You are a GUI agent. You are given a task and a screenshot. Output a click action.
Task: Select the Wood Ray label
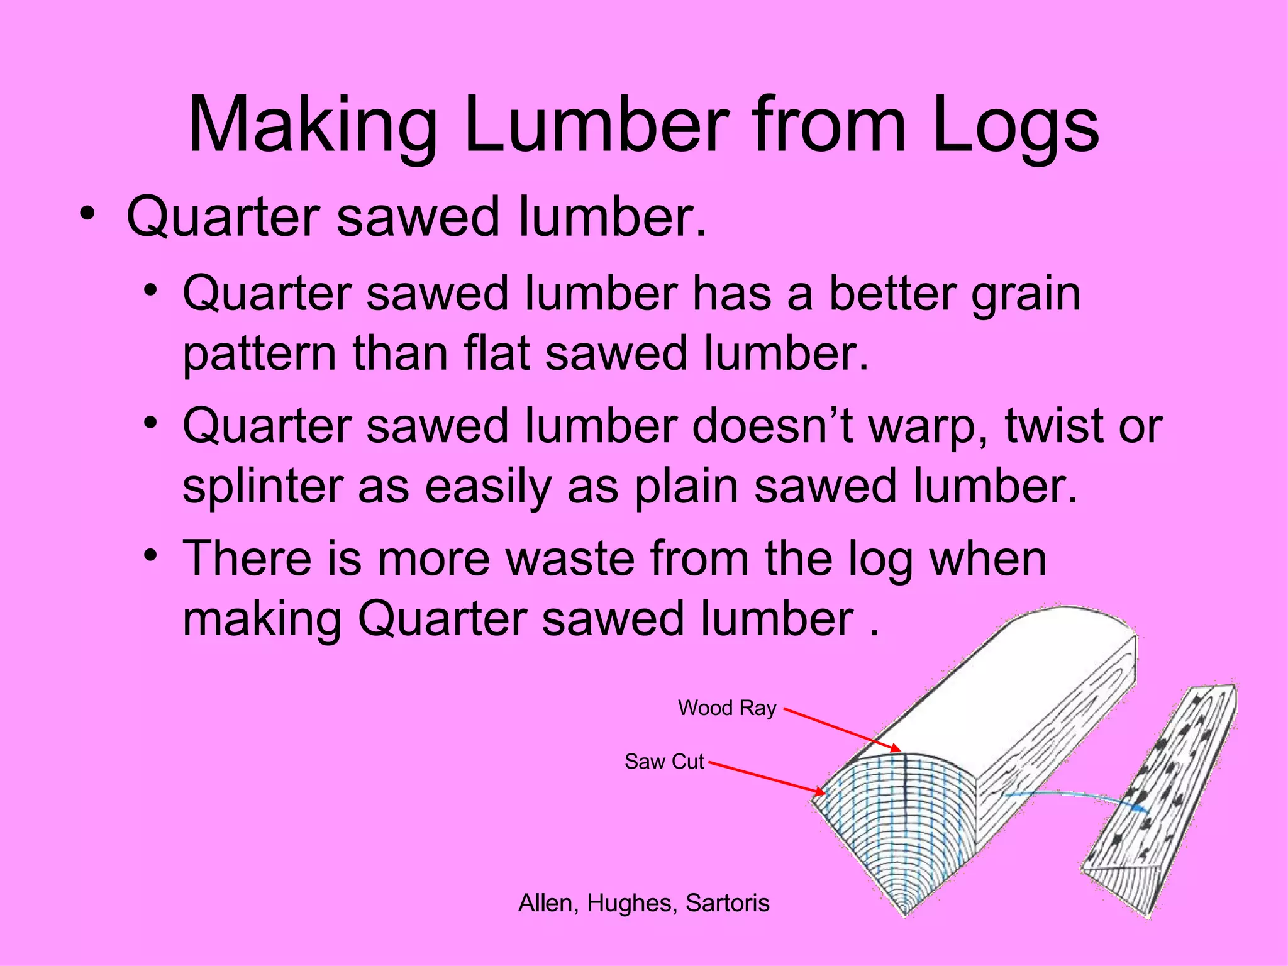click(x=726, y=708)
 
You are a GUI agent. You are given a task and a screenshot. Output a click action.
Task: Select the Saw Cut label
click(x=663, y=762)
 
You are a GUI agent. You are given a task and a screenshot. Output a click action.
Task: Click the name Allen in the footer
click(x=545, y=903)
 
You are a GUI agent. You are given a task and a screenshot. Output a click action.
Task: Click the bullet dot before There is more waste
click(x=149, y=556)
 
